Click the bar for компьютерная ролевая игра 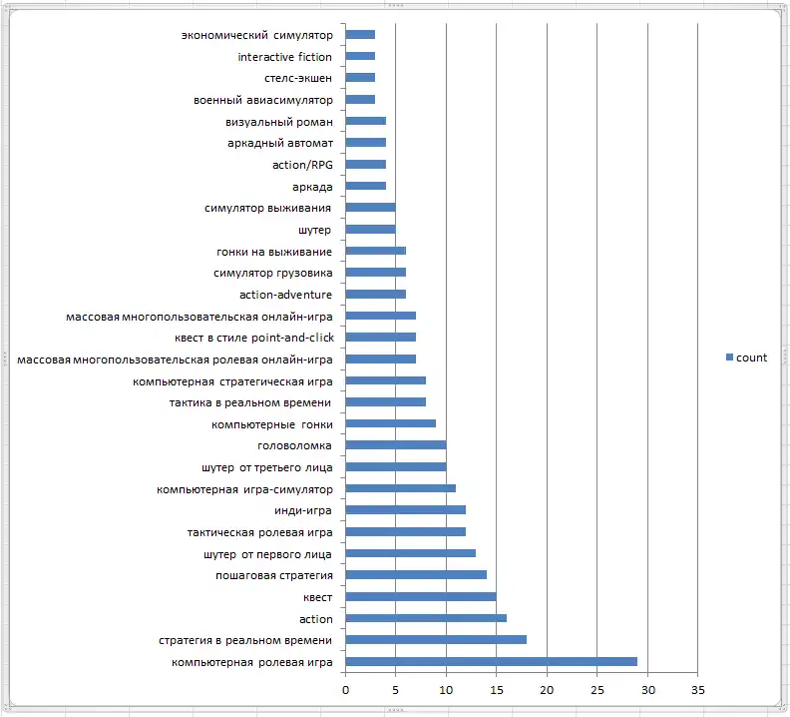click(x=491, y=661)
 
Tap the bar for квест click(x=421, y=596)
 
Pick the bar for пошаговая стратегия click(x=416, y=574)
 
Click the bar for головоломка click(x=396, y=445)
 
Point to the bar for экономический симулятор click(x=360, y=35)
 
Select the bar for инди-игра click(x=406, y=510)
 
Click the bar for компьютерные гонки click(x=391, y=423)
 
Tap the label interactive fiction click(x=284, y=57)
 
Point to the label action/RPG click(x=302, y=165)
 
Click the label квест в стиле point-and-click click(x=253, y=338)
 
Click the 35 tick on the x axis click(x=697, y=690)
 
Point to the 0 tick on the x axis click(x=345, y=690)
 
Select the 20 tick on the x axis click(x=547, y=690)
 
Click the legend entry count click(x=751, y=358)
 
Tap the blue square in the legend click(x=729, y=358)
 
